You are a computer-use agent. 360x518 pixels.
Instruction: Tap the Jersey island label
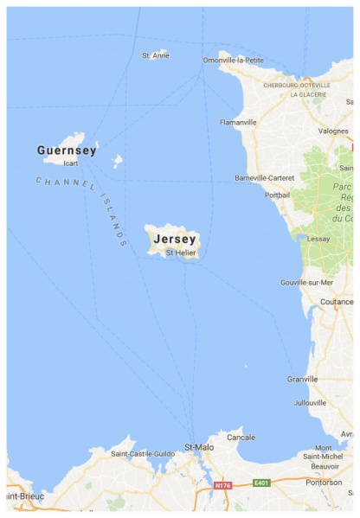pos(176,239)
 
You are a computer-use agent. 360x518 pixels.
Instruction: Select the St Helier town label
pos(181,253)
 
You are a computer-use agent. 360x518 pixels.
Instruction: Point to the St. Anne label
pos(156,56)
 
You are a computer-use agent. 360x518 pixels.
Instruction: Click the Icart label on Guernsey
pos(71,163)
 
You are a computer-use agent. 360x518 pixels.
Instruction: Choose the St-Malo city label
pos(199,447)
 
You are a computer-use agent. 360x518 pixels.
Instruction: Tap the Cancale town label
pos(241,438)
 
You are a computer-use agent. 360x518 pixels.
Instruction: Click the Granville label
pos(304,379)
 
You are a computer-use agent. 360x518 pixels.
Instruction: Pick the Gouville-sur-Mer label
pos(307,283)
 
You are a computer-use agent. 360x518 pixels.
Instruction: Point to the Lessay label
pos(319,238)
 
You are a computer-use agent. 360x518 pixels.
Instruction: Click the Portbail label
pos(278,195)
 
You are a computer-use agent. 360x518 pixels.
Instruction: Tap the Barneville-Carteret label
pos(265,178)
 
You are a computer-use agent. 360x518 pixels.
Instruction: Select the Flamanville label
pos(238,123)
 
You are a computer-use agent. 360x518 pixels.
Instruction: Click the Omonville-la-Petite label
pos(234,60)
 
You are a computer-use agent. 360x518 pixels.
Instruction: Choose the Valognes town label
pos(332,131)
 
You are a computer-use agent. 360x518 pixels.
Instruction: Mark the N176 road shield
pos(223,485)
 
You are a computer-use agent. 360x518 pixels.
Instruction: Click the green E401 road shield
pos(261,483)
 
